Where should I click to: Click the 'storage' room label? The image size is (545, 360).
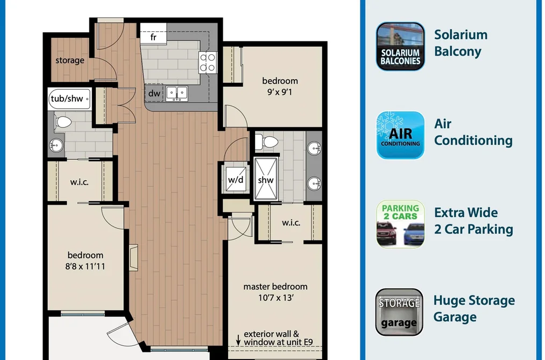pos(70,60)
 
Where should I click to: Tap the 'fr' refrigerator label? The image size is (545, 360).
pos(153,37)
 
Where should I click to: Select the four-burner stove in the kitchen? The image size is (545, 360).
pos(208,62)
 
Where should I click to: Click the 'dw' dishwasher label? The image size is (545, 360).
pos(154,93)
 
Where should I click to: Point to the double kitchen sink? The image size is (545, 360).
pos(177,94)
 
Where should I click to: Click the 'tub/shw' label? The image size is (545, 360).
pos(67,98)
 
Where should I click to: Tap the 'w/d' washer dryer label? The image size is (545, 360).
pos(236,180)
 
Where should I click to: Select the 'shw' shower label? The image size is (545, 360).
pos(266,180)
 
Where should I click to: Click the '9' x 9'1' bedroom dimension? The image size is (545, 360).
pos(279,92)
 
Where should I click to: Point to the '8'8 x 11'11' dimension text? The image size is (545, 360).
pos(85,266)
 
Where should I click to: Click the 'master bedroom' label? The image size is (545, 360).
pos(275,287)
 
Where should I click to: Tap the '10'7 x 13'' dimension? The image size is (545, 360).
pos(276,298)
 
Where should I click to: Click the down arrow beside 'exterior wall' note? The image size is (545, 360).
pos(238,340)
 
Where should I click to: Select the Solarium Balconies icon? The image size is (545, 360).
pos(400,47)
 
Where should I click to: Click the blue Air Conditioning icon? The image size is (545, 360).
pos(400,135)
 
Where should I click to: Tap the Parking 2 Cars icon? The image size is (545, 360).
pos(400,224)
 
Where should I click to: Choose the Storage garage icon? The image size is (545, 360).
pos(399,312)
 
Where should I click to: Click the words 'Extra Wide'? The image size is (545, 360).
pos(466,213)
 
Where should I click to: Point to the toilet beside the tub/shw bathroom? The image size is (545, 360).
pos(62,122)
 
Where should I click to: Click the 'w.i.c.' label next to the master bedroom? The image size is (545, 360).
pos(291,223)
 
